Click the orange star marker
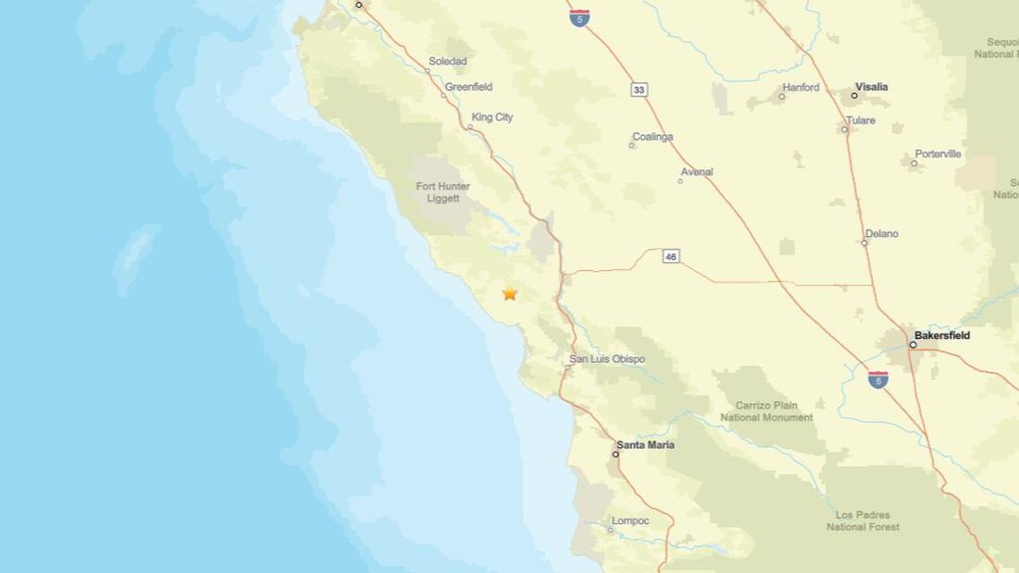(x=509, y=293)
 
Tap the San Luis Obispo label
(x=607, y=359)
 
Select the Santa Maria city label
(x=645, y=444)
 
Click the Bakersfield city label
(x=942, y=335)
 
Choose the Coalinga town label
(x=653, y=137)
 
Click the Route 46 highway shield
(x=671, y=257)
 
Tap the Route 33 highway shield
(x=638, y=89)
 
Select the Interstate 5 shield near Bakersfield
(x=878, y=380)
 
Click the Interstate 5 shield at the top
(x=579, y=17)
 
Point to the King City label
(x=493, y=117)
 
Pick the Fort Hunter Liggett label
(x=438, y=192)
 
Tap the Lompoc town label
(x=630, y=521)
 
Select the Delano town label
(x=881, y=234)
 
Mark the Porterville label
(x=938, y=154)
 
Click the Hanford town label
(x=800, y=88)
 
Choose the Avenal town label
(x=696, y=171)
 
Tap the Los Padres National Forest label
(x=865, y=522)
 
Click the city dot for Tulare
(x=845, y=130)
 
